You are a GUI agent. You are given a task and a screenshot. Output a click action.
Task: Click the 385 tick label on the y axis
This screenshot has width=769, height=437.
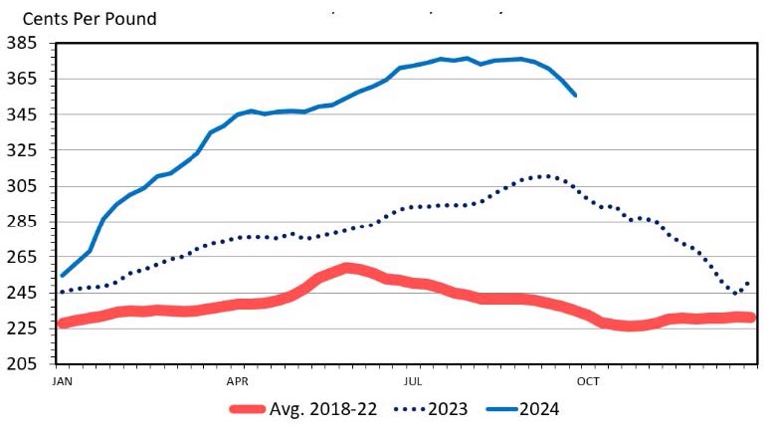coord(22,44)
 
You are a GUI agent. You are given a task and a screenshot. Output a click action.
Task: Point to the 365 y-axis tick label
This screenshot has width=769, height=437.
coord(22,79)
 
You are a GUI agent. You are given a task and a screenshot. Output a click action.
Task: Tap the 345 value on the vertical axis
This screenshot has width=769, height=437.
coord(22,114)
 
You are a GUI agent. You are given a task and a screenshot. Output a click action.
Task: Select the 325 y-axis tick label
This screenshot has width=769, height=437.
coord(22,150)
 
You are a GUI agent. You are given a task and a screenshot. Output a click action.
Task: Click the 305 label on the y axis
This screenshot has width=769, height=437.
coord(22,186)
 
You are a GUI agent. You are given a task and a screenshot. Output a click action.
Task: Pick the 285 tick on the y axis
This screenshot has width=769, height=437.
coord(22,221)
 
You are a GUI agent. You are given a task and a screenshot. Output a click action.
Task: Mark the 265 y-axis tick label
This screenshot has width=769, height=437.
coord(22,257)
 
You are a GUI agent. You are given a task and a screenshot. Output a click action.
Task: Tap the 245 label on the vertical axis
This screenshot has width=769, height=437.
coord(22,293)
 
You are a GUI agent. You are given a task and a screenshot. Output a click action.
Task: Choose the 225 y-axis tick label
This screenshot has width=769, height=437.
coord(22,328)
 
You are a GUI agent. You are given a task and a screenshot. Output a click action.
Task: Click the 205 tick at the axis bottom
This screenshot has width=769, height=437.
coord(22,364)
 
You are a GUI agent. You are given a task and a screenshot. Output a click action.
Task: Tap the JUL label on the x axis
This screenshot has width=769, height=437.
coord(413,380)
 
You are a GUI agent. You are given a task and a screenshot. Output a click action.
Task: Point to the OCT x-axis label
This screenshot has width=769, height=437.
coord(588,380)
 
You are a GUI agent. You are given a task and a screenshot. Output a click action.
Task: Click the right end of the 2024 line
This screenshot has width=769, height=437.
coord(576,95)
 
